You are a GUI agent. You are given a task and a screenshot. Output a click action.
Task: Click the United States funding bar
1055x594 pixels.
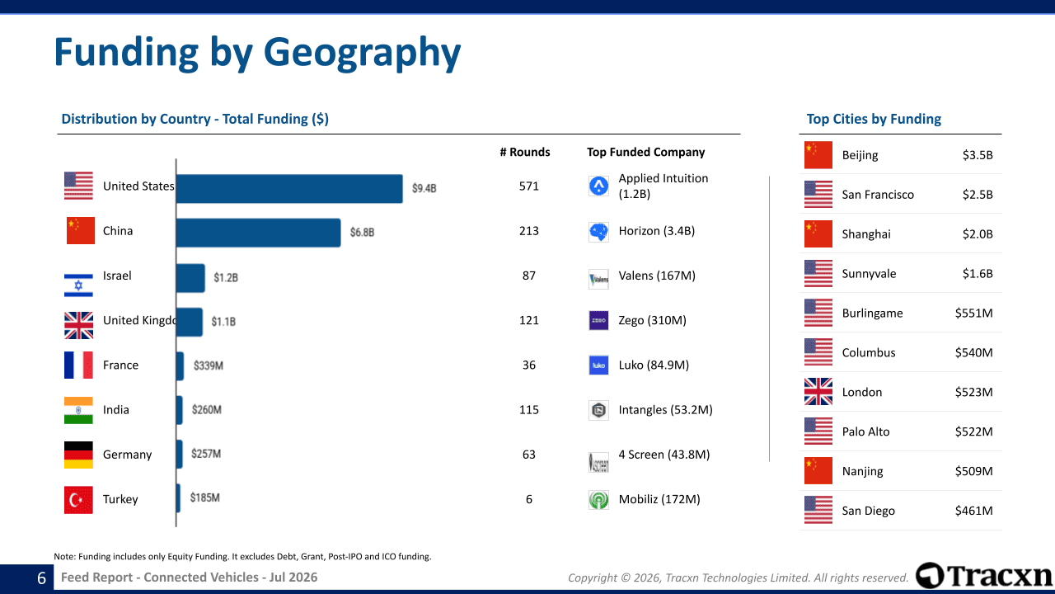(289, 189)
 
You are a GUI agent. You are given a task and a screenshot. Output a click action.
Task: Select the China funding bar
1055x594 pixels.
(259, 233)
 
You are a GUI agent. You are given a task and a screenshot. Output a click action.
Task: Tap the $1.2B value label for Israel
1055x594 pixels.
(226, 277)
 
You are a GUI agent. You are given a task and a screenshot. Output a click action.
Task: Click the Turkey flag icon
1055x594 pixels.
(78, 500)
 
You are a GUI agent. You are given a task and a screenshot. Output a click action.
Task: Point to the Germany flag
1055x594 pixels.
(78, 455)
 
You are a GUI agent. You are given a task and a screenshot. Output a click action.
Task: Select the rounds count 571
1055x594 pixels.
(529, 186)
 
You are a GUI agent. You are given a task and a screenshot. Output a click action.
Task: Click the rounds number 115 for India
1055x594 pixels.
(529, 410)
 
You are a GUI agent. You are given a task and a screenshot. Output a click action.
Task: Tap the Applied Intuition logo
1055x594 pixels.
(598, 186)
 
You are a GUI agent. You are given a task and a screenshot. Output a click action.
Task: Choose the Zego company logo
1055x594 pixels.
(598, 321)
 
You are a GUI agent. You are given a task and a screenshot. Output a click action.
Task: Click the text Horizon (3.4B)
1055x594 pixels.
(657, 231)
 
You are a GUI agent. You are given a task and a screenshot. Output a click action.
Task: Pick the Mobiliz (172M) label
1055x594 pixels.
(659, 499)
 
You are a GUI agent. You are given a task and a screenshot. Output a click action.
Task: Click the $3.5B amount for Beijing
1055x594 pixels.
(978, 155)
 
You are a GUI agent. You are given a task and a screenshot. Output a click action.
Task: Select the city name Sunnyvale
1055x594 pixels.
(869, 274)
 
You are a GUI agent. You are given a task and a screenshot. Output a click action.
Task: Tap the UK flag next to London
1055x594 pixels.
(818, 392)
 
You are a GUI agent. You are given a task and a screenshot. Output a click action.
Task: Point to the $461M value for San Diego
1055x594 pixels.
(973, 511)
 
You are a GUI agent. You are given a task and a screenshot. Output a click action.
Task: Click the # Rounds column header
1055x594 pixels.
(525, 153)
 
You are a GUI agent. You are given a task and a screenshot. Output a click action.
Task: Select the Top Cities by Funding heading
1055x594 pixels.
(874, 119)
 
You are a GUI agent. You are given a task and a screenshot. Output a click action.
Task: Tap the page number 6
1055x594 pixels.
(41, 578)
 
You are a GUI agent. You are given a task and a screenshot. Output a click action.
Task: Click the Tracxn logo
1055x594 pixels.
(983, 576)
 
